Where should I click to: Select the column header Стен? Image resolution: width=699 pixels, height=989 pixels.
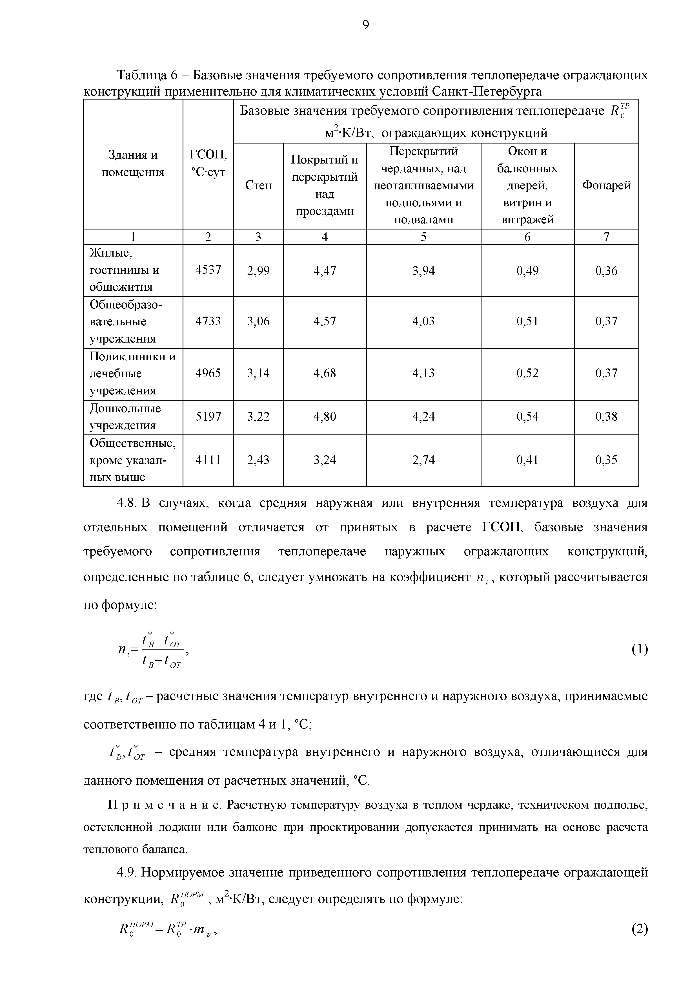pos(258,185)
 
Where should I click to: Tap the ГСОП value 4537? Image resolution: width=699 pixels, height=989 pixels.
pos(208,270)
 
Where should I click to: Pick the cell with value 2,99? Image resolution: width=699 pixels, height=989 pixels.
pos(258,271)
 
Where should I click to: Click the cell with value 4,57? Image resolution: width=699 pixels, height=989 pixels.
pos(325,321)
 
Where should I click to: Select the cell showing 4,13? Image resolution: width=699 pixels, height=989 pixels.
pos(423,373)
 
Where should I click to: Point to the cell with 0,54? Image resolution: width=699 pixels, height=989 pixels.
pos(527,416)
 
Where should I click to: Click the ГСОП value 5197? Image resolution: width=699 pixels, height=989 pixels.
pos(208,416)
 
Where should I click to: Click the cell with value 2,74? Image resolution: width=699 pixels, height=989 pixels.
pos(423,460)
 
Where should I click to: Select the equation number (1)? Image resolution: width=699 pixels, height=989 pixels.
pos(640,649)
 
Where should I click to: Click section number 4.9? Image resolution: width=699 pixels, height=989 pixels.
pos(127,873)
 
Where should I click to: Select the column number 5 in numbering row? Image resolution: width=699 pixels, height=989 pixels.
pos(423,237)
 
